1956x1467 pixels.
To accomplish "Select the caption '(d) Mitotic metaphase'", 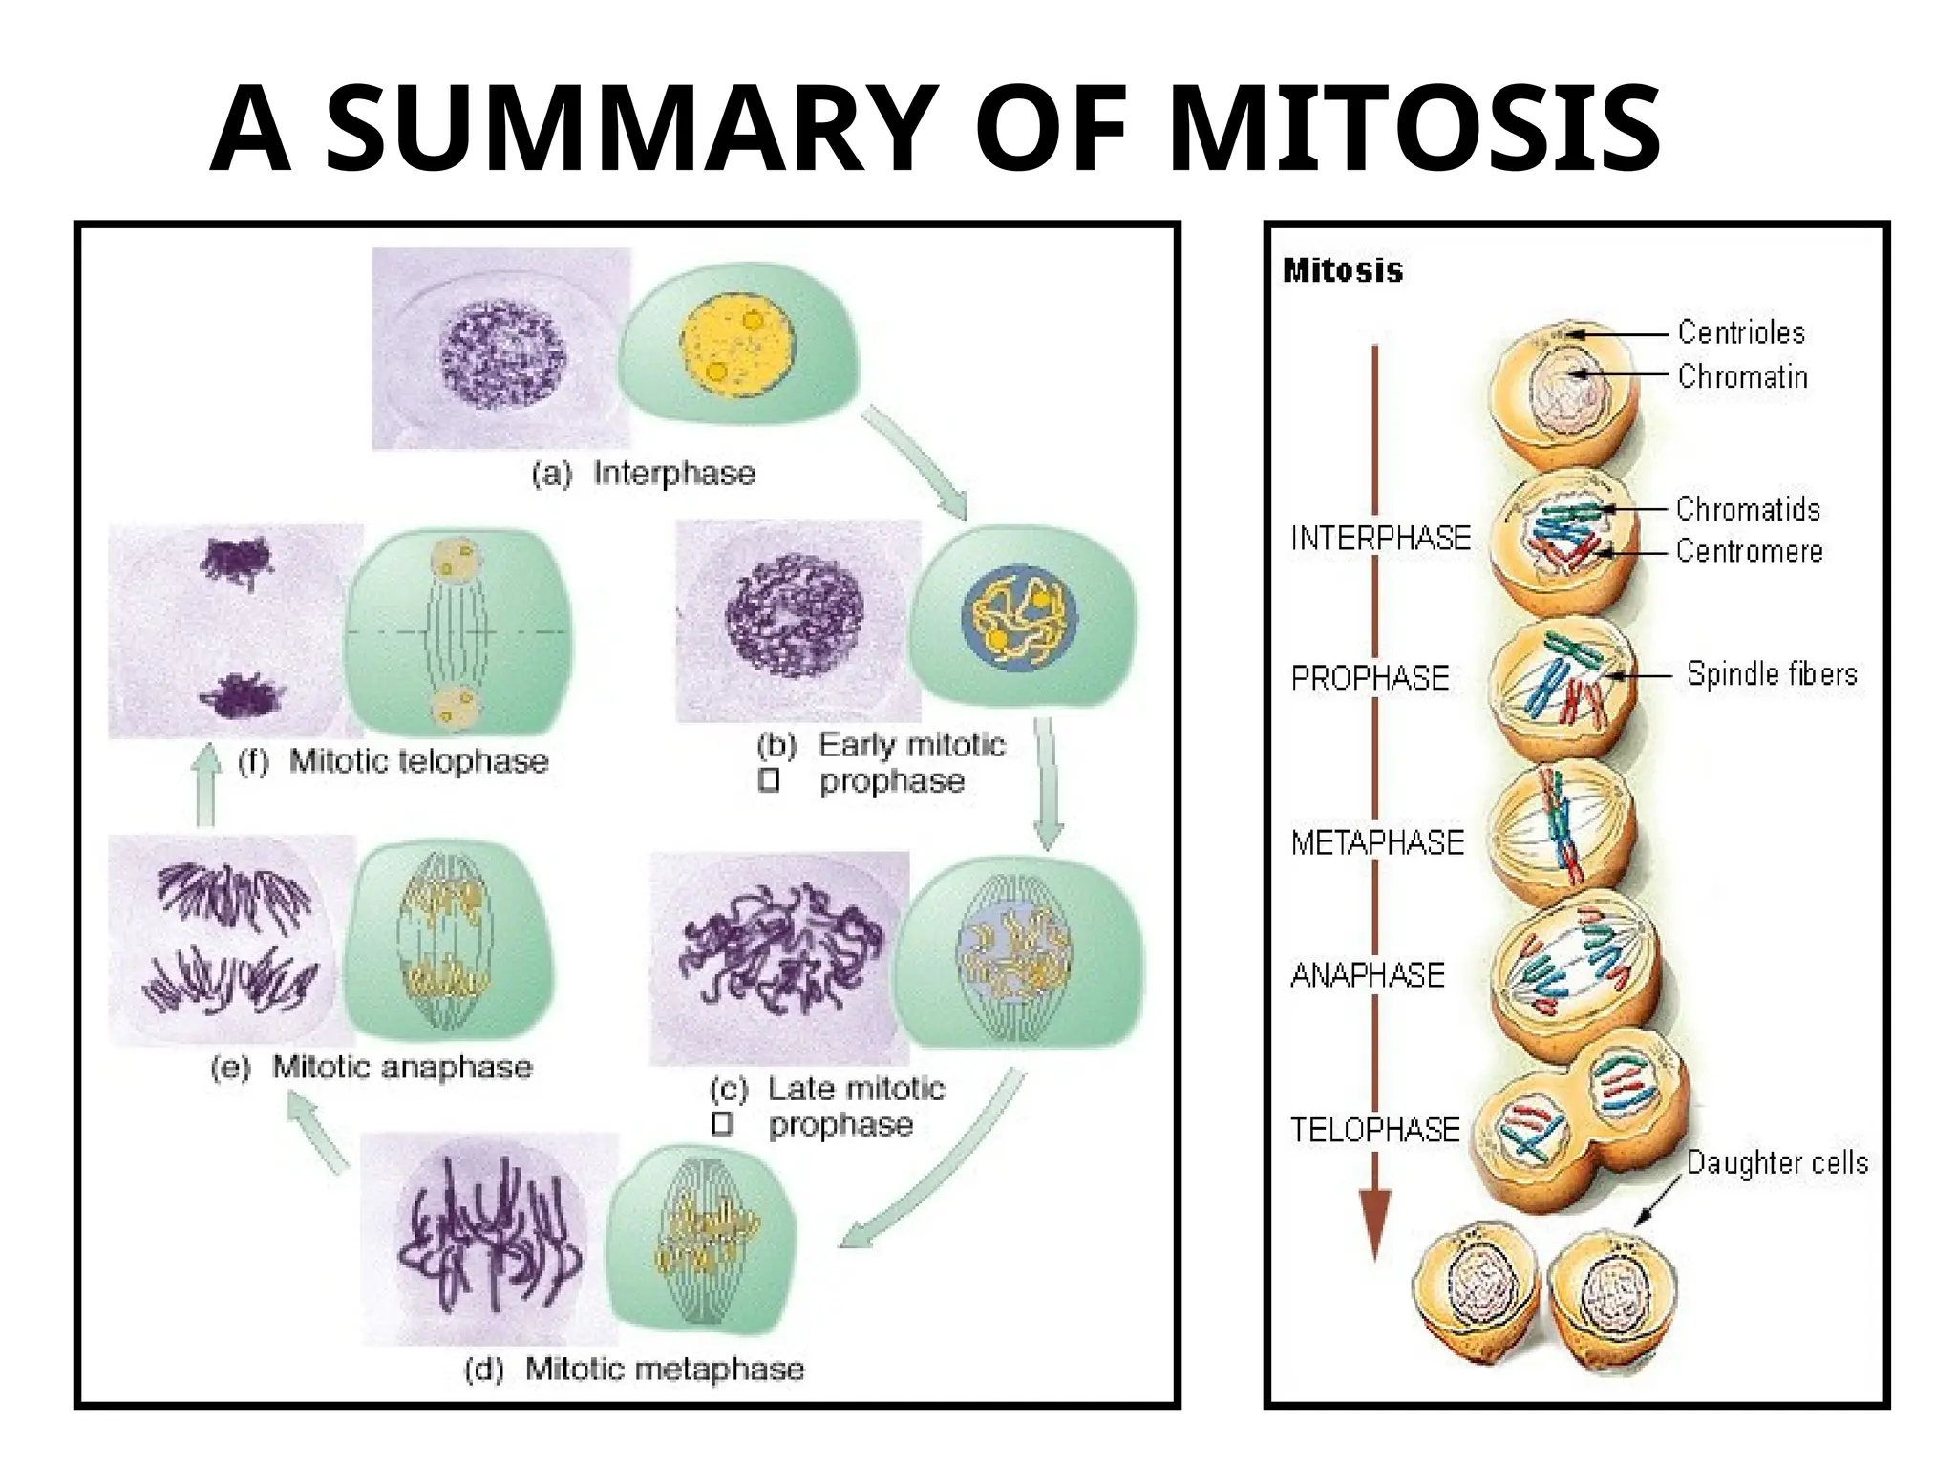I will (x=634, y=1370).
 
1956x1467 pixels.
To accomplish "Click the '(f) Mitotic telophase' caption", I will (x=393, y=761).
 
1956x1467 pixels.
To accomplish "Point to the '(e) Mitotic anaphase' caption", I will (x=372, y=1067).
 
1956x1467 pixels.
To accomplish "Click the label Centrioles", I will (x=1741, y=332).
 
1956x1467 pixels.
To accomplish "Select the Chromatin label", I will (x=1742, y=377).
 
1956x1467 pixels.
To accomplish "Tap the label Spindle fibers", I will (x=1772, y=674).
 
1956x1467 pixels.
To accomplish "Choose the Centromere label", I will (x=1749, y=551).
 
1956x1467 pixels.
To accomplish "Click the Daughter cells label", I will (x=1776, y=1163).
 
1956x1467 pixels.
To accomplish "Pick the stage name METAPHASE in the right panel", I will (x=1377, y=842).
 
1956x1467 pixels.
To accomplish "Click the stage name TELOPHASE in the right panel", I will (x=1375, y=1131).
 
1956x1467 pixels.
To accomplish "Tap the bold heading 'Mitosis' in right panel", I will (x=1343, y=271).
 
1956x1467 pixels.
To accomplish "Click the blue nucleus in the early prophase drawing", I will (x=1020, y=620).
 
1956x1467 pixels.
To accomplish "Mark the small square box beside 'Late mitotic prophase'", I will (x=723, y=1125).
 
